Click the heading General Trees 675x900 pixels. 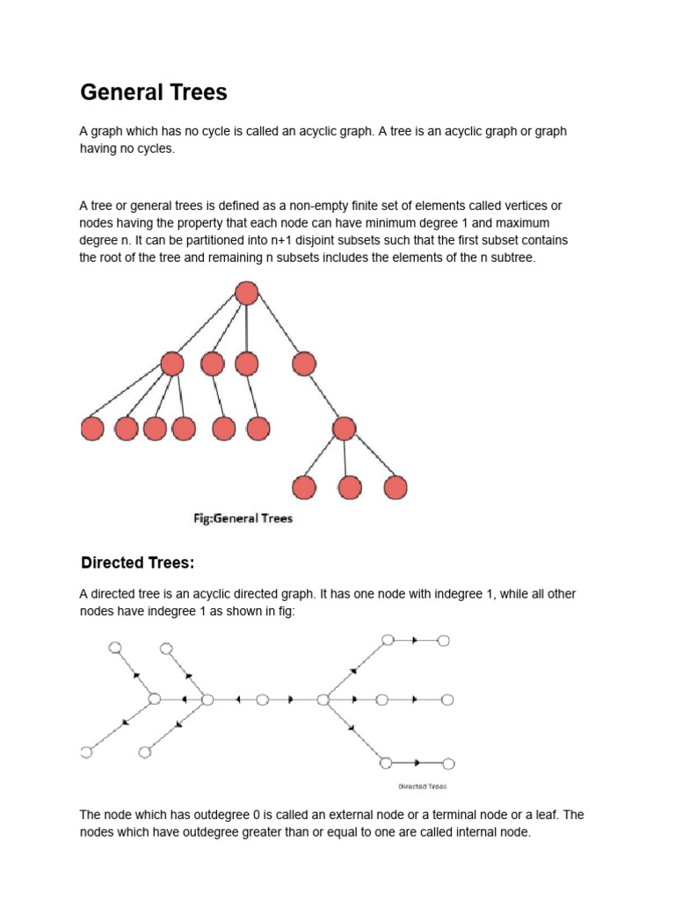coord(154,92)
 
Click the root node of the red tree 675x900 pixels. coord(247,294)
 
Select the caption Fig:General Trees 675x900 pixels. coord(243,519)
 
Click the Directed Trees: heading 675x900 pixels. coord(137,562)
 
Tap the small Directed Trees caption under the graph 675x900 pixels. coord(423,787)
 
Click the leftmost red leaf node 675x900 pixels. coord(92,428)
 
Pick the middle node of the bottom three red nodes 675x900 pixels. coord(350,487)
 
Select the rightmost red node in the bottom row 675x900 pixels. coord(396,487)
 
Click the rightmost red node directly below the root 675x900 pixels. coord(303,363)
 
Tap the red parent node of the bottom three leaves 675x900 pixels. coord(344,428)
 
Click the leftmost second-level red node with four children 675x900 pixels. coord(172,363)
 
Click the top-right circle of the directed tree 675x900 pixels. coord(444,641)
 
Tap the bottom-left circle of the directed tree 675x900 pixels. coord(85,752)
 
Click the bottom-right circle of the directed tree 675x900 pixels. coord(448,764)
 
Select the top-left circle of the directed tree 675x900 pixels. coord(113,648)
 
